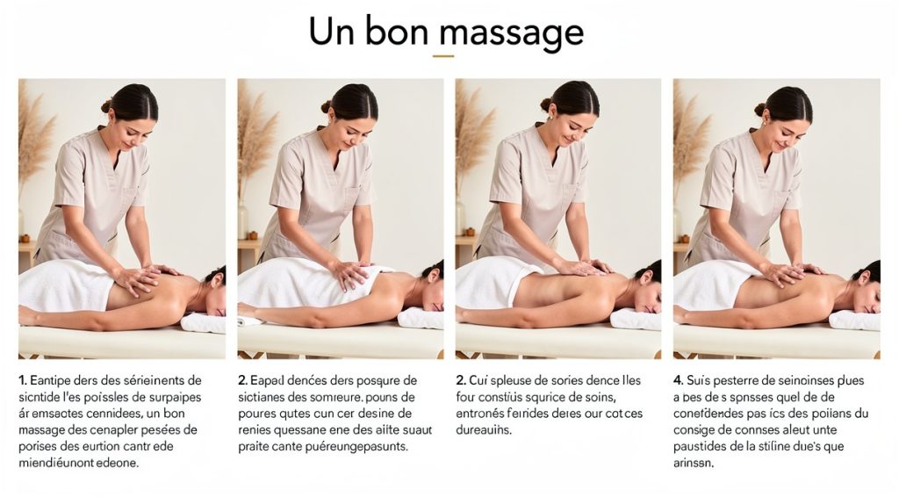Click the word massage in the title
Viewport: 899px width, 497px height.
[512, 32]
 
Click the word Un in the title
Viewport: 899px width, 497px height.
[331, 31]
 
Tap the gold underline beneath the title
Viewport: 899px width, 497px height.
[443, 56]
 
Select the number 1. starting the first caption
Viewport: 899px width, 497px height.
[23, 380]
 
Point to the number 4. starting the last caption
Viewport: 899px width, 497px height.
[678, 380]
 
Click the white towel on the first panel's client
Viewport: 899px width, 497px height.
[61, 285]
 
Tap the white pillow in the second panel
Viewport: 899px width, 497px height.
[420, 317]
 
